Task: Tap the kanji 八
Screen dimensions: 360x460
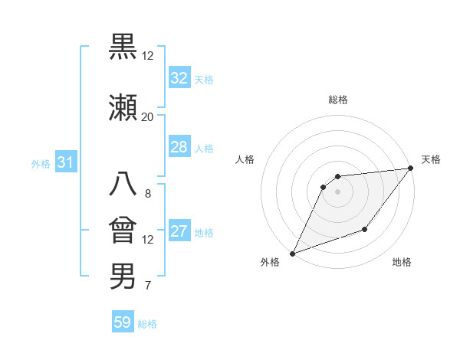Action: pos(123,184)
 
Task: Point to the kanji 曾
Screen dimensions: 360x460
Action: pos(123,230)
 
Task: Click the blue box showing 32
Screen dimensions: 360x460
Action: pos(179,78)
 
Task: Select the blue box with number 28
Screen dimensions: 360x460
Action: pos(179,147)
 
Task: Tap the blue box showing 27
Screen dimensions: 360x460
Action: pos(179,231)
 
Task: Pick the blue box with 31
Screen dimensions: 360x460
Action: pos(65,162)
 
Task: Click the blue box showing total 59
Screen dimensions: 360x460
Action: pos(123,322)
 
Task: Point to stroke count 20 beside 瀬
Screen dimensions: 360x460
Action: pos(147,116)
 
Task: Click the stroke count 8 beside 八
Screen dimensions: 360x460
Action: pos(147,193)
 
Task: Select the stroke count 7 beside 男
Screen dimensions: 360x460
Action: pos(147,286)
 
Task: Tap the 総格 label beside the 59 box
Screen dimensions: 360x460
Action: pos(147,324)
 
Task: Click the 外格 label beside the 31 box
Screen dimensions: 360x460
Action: pos(41,163)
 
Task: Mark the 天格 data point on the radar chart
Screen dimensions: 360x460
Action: pos(412,169)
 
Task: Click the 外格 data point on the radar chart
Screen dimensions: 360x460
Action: pos(292,253)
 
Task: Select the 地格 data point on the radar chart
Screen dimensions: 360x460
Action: pos(366,229)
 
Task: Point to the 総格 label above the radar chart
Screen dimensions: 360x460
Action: pos(338,100)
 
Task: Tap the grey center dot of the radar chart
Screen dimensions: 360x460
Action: pos(337,191)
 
